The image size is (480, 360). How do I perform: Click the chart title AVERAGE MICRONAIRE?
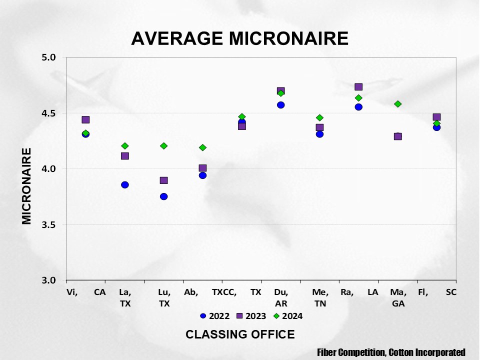click(239, 38)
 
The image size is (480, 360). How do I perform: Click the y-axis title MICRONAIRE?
click(27, 185)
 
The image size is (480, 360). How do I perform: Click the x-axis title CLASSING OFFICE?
click(240, 334)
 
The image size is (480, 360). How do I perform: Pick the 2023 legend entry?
click(252, 316)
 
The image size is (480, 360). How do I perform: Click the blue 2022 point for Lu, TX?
click(163, 196)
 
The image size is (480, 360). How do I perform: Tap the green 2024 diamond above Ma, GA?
click(398, 104)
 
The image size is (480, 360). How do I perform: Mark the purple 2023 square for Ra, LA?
click(358, 87)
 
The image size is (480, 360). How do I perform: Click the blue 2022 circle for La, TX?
click(125, 185)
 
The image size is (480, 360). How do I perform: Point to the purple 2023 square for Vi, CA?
click(85, 120)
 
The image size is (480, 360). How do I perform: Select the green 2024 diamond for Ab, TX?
click(202, 147)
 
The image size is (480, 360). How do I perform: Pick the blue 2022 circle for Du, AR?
click(281, 105)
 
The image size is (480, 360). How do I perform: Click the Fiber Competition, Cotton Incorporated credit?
click(391, 352)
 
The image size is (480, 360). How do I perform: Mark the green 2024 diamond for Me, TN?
click(319, 118)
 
